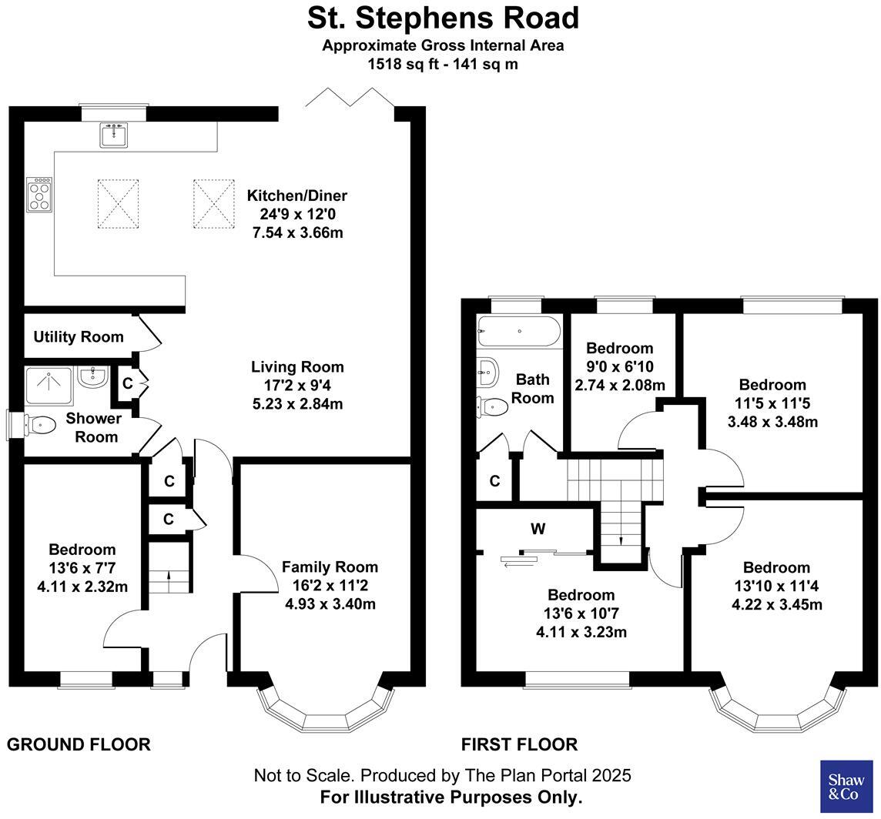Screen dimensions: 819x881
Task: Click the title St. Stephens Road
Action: point(443,17)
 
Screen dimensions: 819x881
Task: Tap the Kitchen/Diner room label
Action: point(296,196)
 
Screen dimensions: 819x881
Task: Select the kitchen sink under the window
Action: point(114,135)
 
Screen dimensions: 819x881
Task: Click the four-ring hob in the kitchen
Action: point(39,194)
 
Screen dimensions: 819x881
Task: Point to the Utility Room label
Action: point(78,337)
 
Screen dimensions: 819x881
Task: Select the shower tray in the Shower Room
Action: point(49,385)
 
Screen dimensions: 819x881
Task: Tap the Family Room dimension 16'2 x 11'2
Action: point(330,586)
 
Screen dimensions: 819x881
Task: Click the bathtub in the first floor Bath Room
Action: point(518,331)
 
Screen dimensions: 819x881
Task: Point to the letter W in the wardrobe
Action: point(538,529)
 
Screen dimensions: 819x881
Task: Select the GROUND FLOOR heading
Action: point(79,744)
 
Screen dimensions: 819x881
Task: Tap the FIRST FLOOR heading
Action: point(519,744)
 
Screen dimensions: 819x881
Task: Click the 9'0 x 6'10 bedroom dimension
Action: point(619,367)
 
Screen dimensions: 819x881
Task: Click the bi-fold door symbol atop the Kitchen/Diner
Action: point(350,96)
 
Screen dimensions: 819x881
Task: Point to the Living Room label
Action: point(297,367)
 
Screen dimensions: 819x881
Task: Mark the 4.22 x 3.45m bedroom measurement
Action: point(776,605)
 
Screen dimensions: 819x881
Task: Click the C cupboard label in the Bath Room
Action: point(494,481)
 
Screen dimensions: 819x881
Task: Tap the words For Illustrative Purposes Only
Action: point(451,797)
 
